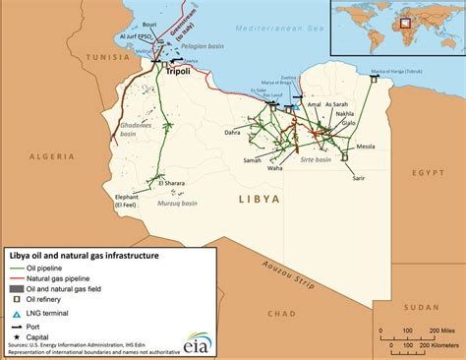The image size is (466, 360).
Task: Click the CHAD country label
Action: click(280, 314)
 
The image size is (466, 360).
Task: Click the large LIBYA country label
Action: click(260, 199)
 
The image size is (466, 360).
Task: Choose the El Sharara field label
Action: click(166, 182)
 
